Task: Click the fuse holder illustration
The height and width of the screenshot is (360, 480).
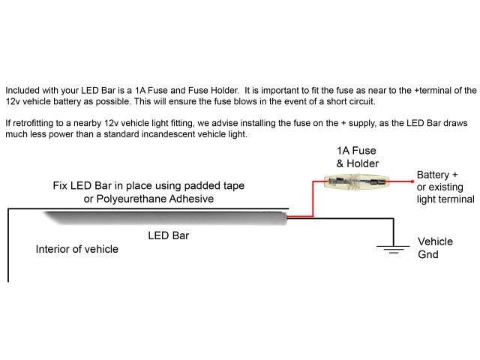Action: [x=356, y=181]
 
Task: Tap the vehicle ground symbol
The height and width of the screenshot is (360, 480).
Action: [x=393, y=250]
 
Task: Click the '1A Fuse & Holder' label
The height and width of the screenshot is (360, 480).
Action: [x=357, y=157]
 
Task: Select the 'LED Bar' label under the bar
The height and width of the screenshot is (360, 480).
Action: [x=168, y=235]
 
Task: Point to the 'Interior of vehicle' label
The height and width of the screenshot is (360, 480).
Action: [x=76, y=249]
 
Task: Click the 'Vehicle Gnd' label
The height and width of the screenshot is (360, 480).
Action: [x=435, y=248]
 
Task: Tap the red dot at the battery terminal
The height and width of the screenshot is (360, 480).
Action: [x=412, y=181]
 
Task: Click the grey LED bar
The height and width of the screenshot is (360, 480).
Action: [x=165, y=218]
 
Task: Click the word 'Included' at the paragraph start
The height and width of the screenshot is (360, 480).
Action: [x=22, y=91]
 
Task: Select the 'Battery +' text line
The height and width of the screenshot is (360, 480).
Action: [x=437, y=175]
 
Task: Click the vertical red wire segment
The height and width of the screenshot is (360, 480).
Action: [x=313, y=199]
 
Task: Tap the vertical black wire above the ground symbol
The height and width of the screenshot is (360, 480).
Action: [x=393, y=232]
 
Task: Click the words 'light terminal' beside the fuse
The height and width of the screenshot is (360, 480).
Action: [x=445, y=199]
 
